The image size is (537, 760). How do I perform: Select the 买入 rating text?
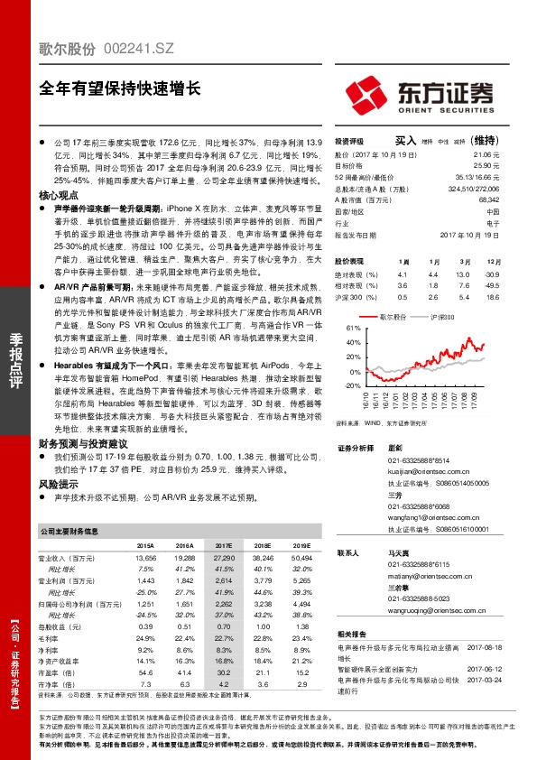tap(405, 141)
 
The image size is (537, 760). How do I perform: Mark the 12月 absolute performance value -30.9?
tap(492, 273)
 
